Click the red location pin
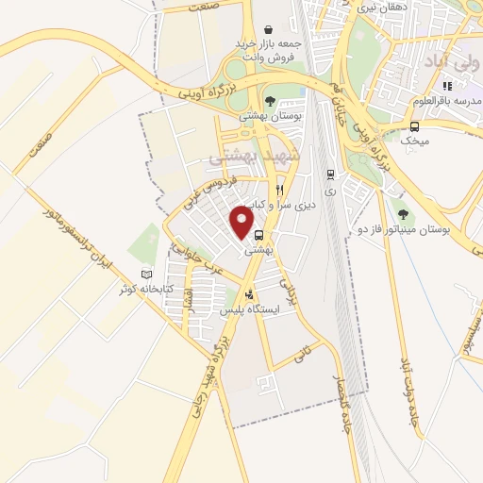[x=245, y=223]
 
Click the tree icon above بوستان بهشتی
[x=271, y=101]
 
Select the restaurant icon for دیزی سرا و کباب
[x=278, y=189]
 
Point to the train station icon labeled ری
[x=329, y=175]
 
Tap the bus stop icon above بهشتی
[x=258, y=237]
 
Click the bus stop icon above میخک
[x=414, y=125]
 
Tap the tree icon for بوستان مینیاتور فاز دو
[x=405, y=213]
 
